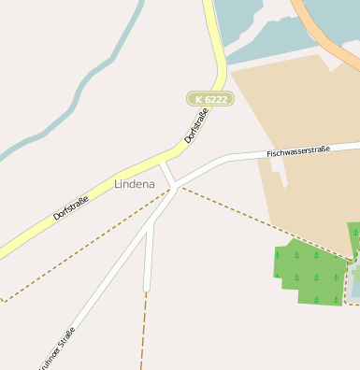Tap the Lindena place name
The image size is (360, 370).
coord(134,184)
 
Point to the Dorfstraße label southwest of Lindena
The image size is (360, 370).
coord(71,206)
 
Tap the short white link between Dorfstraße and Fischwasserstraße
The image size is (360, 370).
coord(167,174)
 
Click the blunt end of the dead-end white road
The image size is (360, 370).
coord(147,286)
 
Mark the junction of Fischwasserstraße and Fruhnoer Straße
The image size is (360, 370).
coord(177,186)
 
